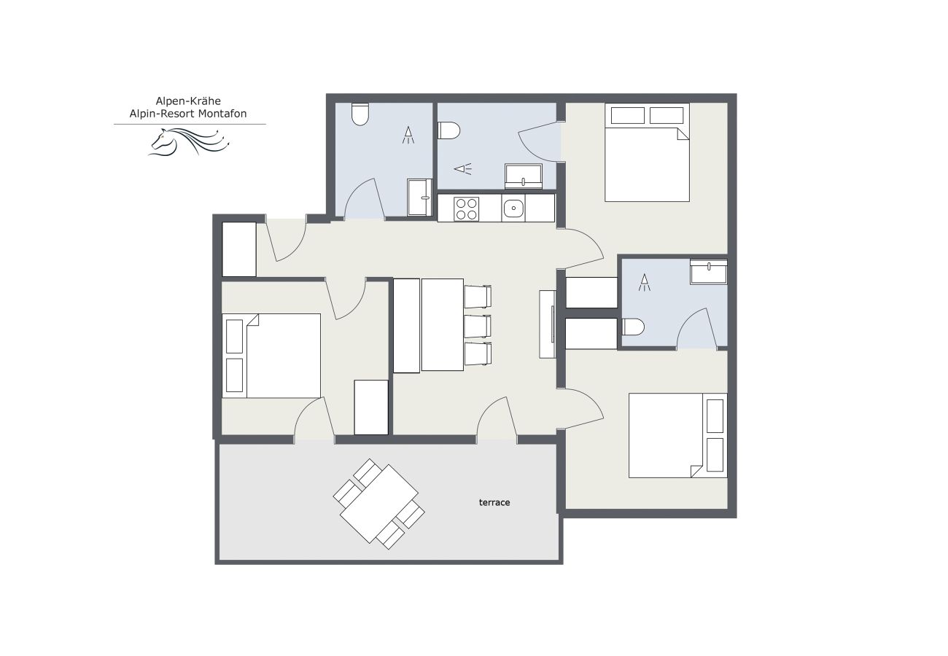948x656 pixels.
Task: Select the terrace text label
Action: tap(494, 502)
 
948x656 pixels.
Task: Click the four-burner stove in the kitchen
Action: tap(466, 208)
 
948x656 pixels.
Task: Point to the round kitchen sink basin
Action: tap(513, 208)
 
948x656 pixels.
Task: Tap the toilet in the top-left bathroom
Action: tap(360, 115)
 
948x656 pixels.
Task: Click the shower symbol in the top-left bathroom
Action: tap(408, 134)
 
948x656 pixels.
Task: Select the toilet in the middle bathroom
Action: tap(450, 130)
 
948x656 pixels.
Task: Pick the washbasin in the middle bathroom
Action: tap(523, 176)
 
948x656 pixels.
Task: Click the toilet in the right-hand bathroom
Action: tap(632, 327)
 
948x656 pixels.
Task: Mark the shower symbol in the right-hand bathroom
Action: tap(644, 283)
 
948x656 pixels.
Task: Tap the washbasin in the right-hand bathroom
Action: tap(708, 273)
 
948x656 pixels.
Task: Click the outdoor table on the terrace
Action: tap(378, 503)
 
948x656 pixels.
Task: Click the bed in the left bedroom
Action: tap(271, 356)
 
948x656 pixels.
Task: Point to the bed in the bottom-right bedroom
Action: tap(677, 436)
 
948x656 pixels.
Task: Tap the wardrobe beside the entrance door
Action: tap(238, 249)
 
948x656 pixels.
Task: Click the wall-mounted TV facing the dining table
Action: tap(547, 324)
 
